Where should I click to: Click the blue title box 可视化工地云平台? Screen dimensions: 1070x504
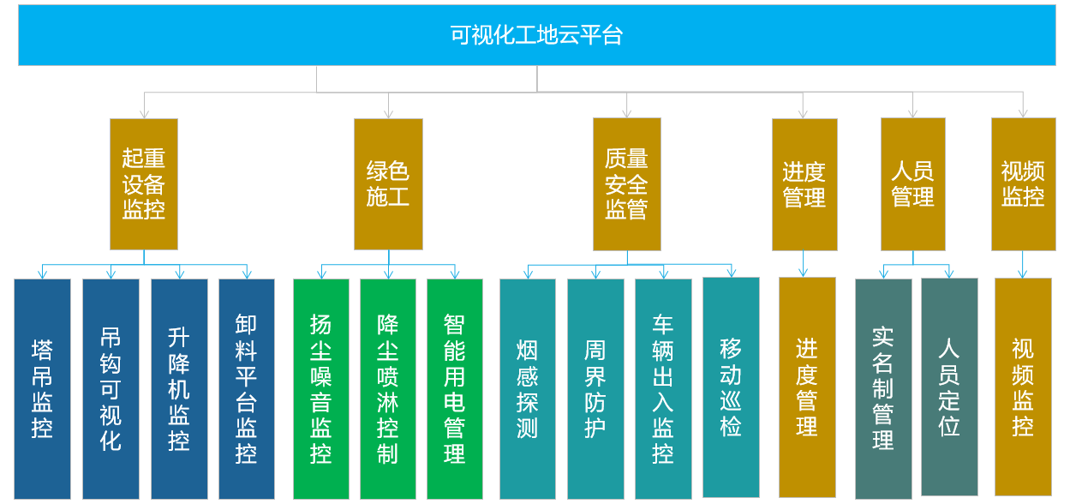(x=536, y=35)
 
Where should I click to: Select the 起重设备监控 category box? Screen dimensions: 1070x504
(x=144, y=184)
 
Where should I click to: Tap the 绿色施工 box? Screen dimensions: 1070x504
(x=388, y=184)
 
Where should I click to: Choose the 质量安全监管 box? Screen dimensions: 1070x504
(x=627, y=184)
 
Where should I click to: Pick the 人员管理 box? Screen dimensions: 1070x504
(x=913, y=184)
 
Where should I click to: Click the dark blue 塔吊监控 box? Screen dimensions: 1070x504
(x=43, y=389)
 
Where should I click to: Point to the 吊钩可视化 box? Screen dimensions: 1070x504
(x=111, y=389)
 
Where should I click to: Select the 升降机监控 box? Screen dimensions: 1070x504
(x=179, y=389)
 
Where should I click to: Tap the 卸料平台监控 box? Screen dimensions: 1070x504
(x=247, y=389)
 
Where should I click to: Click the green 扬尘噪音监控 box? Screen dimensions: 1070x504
(x=321, y=389)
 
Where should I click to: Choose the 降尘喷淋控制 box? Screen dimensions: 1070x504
(x=388, y=389)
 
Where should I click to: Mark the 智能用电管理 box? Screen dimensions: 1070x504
(x=455, y=389)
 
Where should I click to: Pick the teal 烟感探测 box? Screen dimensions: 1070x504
(x=528, y=389)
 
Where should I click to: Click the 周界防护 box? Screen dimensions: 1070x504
(x=595, y=389)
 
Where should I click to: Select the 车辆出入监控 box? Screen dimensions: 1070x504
(x=663, y=389)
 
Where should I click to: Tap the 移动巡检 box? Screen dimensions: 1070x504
(x=732, y=387)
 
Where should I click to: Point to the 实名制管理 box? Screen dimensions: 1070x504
(x=883, y=389)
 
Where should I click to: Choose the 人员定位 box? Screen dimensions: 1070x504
(x=949, y=387)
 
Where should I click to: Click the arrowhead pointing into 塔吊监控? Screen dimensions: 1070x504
(x=43, y=274)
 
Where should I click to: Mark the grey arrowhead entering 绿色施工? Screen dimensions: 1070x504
(x=388, y=114)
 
